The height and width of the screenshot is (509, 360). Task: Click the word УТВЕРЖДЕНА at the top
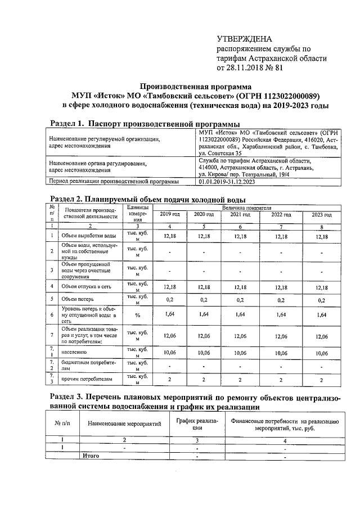pyautogui.click(x=244, y=39)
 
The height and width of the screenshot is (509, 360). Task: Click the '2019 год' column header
pyautogui.click(x=170, y=215)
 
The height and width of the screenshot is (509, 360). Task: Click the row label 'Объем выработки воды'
pyautogui.click(x=89, y=236)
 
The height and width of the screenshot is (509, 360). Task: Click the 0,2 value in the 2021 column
pyautogui.click(x=240, y=300)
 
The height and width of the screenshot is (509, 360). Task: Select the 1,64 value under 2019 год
pyautogui.click(x=170, y=316)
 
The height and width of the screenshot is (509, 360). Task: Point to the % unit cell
pyautogui.click(x=137, y=316)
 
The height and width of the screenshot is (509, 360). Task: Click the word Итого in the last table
pyautogui.click(x=91, y=456)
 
